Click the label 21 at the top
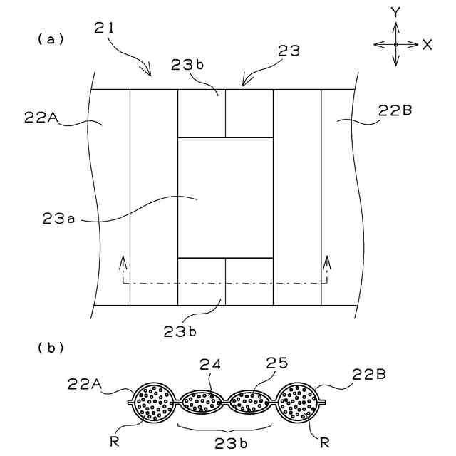click(x=105, y=30)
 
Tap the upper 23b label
click(x=188, y=63)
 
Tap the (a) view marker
click(x=51, y=40)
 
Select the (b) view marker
click(x=51, y=348)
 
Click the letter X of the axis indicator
click(x=427, y=44)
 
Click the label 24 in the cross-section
click(x=211, y=364)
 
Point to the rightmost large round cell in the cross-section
click(x=301, y=403)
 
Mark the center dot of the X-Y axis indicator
click(x=396, y=44)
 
